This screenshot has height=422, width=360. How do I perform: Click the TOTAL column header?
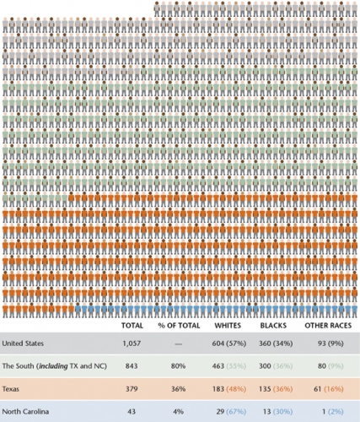[x=132, y=326]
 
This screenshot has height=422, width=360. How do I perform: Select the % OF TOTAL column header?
[x=179, y=326]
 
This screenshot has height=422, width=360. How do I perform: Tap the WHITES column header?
[x=228, y=326]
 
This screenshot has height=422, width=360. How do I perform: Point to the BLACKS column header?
[x=273, y=326]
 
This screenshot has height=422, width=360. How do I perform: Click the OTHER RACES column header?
[x=328, y=326]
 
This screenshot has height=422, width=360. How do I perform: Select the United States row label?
[x=23, y=344]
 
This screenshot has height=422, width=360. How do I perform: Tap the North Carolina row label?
[x=25, y=412]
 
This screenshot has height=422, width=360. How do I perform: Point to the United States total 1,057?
[x=132, y=344]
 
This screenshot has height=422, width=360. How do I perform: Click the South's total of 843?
[x=132, y=366]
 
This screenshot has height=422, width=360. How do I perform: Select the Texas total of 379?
[x=132, y=389]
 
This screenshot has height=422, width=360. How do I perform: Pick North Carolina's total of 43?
[x=132, y=412]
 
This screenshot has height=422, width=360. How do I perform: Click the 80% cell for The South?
[x=178, y=366]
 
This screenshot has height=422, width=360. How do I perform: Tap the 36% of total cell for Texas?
[x=178, y=389]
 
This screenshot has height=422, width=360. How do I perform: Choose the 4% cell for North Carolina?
[x=178, y=412]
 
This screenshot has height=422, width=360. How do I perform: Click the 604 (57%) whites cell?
[x=229, y=344]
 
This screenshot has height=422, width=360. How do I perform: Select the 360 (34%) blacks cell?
[x=276, y=344]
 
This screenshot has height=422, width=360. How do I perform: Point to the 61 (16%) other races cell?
[x=329, y=389]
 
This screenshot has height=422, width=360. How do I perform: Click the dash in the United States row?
[x=178, y=344]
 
